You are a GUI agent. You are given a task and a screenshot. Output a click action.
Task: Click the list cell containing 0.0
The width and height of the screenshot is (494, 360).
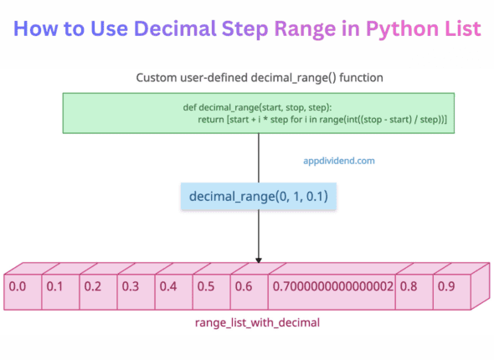pyautogui.click(x=20, y=286)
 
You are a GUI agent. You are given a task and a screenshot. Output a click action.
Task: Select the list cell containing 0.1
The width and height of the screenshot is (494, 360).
pyautogui.click(x=58, y=286)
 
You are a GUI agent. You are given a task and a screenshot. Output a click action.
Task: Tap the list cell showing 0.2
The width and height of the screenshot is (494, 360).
pyautogui.click(x=95, y=286)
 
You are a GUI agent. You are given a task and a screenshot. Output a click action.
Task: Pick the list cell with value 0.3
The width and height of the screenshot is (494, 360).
pyautogui.click(x=133, y=286)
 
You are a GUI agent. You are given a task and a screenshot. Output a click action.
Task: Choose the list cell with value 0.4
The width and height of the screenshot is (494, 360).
pyautogui.click(x=171, y=286)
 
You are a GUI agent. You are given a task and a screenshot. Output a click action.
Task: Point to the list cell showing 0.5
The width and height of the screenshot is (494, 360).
pyautogui.click(x=208, y=286)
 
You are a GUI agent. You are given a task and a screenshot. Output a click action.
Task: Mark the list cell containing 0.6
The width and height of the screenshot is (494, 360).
pyautogui.click(x=246, y=286)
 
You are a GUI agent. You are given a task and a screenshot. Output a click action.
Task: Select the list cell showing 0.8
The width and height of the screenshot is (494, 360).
pyautogui.click(x=411, y=286)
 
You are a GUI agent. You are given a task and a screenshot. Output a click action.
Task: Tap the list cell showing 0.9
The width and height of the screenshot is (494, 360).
pyautogui.click(x=449, y=286)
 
